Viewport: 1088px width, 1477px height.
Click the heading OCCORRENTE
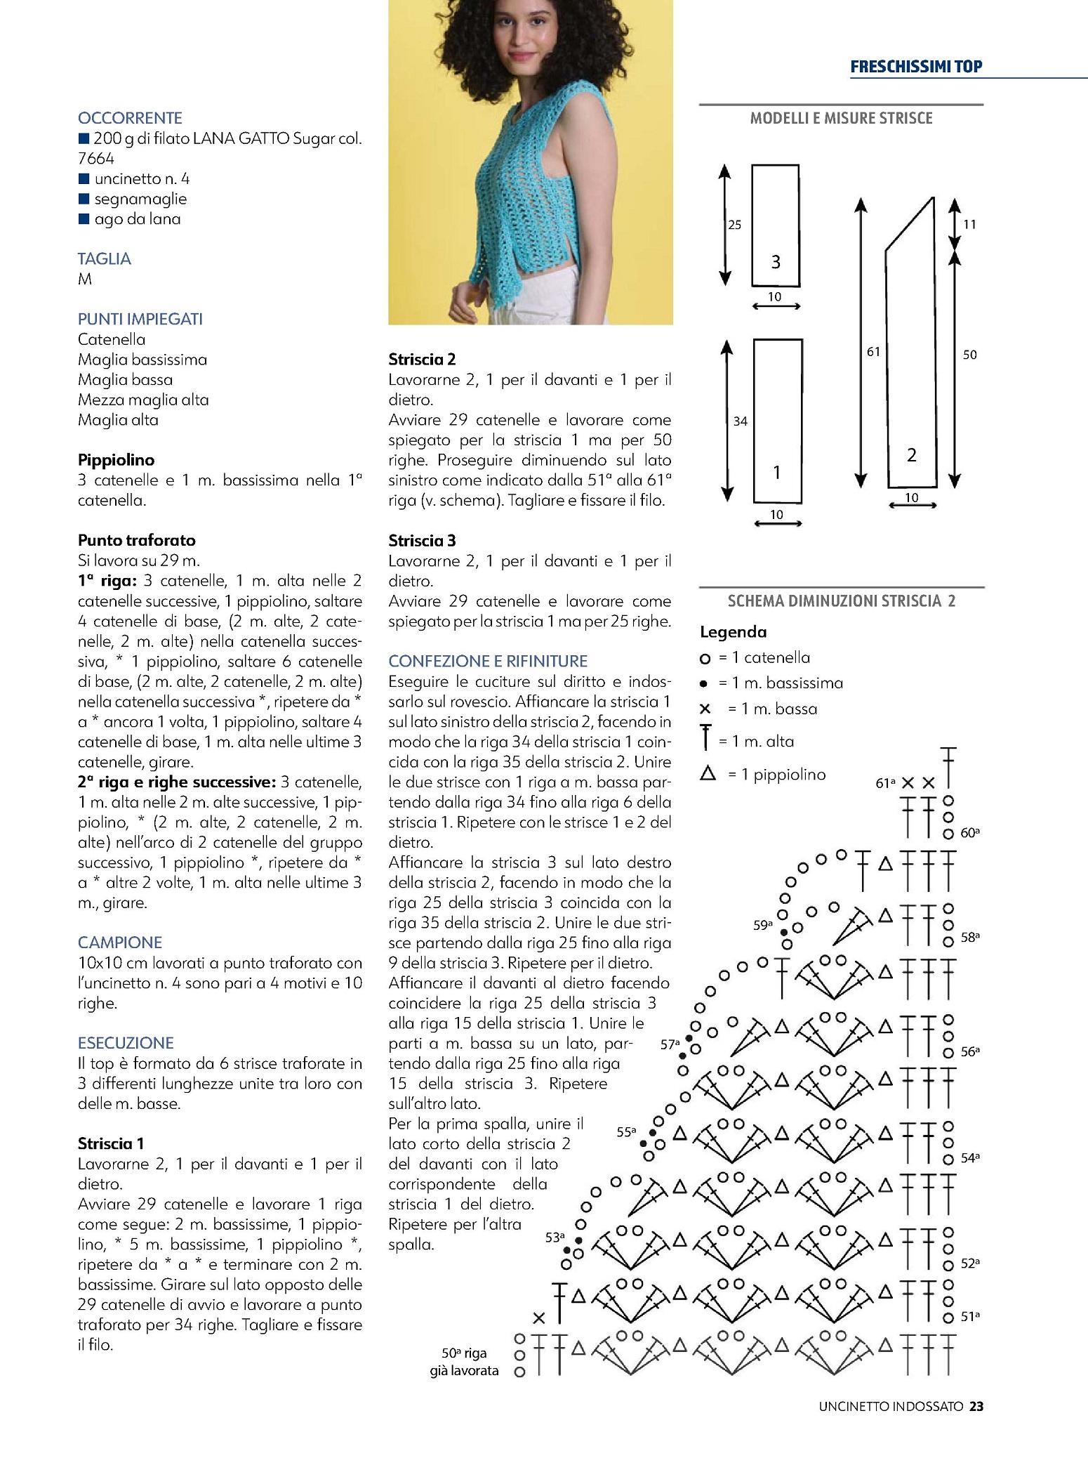pyautogui.click(x=130, y=118)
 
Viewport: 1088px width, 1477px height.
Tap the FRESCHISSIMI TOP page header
pyautogui.click(x=915, y=67)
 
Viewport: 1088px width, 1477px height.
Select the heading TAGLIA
pyautogui.click(x=104, y=258)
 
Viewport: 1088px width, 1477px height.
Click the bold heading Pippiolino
pyautogui.click(x=116, y=460)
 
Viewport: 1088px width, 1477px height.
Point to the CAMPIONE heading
pyautogui.click(x=119, y=943)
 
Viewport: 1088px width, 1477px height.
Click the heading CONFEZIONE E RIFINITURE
pyautogui.click(x=488, y=661)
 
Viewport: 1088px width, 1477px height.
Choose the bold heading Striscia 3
pyautogui.click(x=422, y=540)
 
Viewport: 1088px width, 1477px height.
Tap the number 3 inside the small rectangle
pyautogui.click(x=776, y=262)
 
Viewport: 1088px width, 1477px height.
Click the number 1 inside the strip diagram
pyautogui.click(x=776, y=473)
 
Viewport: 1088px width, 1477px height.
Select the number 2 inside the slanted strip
pyautogui.click(x=911, y=455)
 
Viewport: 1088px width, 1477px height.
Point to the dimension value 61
pyautogui.click(x=873, y=352)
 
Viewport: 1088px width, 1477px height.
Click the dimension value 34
pyautogui.click(x=740, y=421)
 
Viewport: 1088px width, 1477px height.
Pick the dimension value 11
pyautogui.click(x=969, y=225)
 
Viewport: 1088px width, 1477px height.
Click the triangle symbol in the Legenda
pyautogui.click(x=708, y=774)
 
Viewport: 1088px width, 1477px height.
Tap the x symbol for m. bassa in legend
pyautogui.click(x=705, y=709)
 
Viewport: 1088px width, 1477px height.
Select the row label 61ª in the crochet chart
pyautogui.click(x=885, y=783)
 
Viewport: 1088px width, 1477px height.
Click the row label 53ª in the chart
pyautogui.click(x=555, y=1238)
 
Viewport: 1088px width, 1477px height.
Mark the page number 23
pyautogui.click(x=976, y=1406)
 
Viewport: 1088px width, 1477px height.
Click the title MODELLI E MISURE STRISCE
pyautogui.click(x=841, y=118)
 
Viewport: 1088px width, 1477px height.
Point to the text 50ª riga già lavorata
pyautogui.click(x=464, y=1362)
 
